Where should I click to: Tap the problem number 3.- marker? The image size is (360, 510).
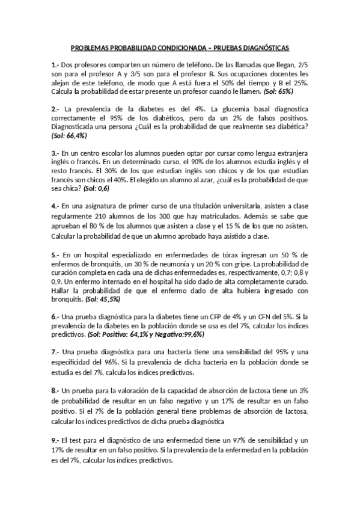click(55, 153)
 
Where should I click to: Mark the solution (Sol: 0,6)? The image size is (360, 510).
click(97, 189)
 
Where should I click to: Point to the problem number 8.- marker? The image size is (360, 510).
click(55, 390)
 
